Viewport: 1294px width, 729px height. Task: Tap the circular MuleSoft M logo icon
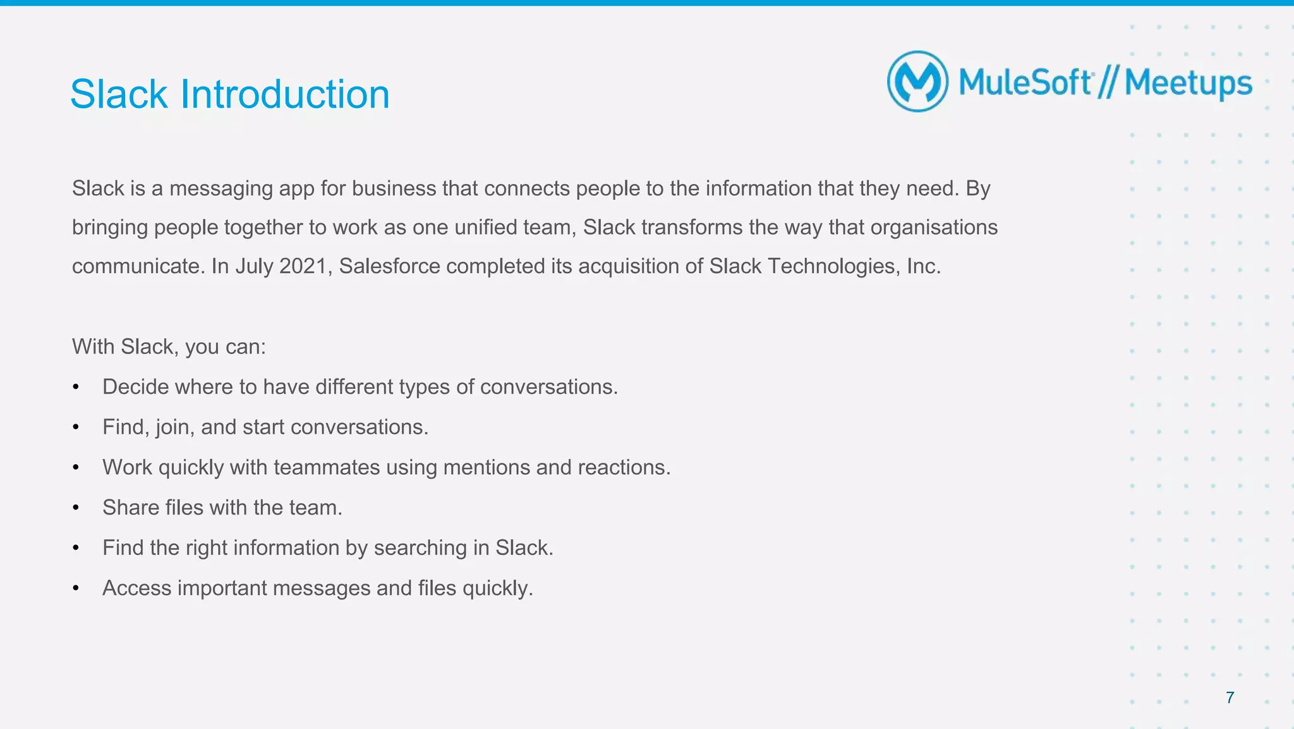click(917, 82)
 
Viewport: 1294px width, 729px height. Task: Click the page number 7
click(1230, 697)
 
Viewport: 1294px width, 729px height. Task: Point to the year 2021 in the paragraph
click(303, 266)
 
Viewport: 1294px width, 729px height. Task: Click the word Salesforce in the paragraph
click(389, 266)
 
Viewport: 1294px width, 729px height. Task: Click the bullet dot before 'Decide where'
click(76, 387)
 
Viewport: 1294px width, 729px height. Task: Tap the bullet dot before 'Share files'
click(76, 508)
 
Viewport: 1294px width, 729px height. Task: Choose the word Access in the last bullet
click(137, 588)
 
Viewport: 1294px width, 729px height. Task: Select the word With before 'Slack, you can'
click(93, 346)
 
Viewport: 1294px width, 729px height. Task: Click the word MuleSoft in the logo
click(1025, 83)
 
